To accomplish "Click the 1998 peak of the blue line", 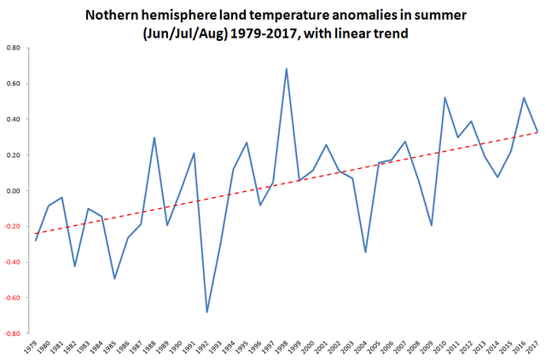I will tap(286, 69).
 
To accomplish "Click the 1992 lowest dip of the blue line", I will tap(206, 312).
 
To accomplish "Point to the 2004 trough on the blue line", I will tap(365, 252).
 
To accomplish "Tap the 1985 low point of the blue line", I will tap(114, 278).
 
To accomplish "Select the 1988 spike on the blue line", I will tap(154, 137).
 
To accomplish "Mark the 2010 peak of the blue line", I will tap(444, 97).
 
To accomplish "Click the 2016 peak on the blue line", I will tap(524, 97).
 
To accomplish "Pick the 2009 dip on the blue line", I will tap(432, 225).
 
